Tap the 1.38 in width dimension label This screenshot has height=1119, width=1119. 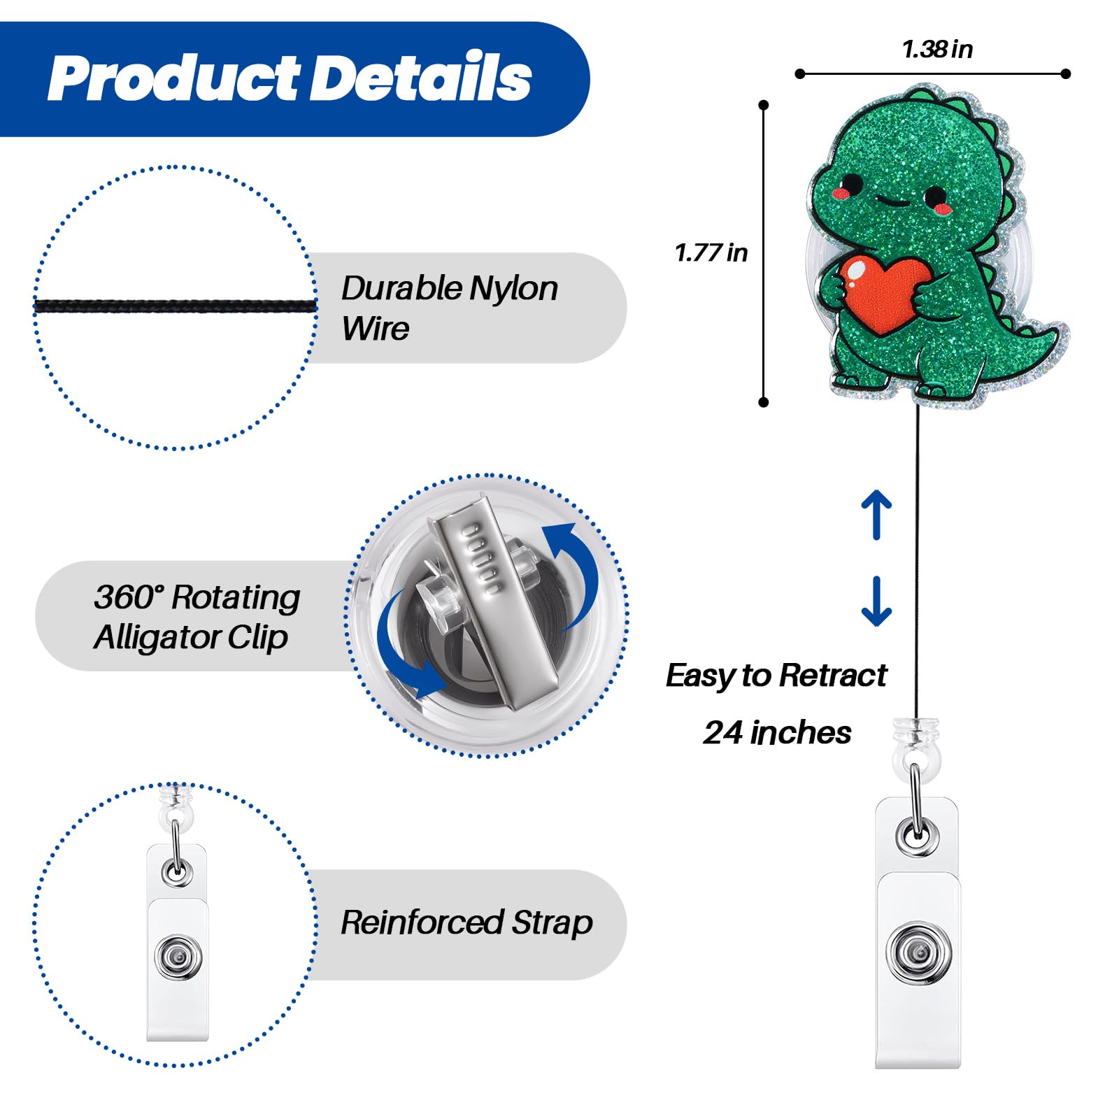[937, 50]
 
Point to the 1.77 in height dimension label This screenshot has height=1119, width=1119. [711, 252]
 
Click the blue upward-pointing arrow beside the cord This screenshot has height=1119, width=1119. [876, 515]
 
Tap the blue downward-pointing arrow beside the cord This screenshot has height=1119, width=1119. [876, 601]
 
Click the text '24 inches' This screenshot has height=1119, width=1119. [777, 733]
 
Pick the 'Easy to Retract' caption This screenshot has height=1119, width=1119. [776, 676]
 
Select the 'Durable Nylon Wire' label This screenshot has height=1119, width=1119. [449, 308]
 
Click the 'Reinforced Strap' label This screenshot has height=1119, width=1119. [466, 923]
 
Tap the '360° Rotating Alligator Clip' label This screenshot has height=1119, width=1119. [197, 617]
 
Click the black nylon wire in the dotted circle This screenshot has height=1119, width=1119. [176, 306]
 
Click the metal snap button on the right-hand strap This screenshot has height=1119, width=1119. [918, 952]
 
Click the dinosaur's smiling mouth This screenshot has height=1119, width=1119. [891, 202]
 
